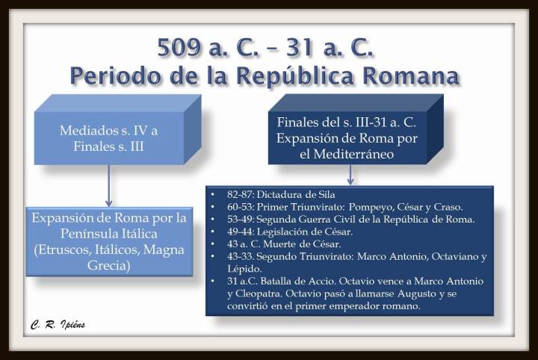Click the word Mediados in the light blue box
click(x=87, y=130)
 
